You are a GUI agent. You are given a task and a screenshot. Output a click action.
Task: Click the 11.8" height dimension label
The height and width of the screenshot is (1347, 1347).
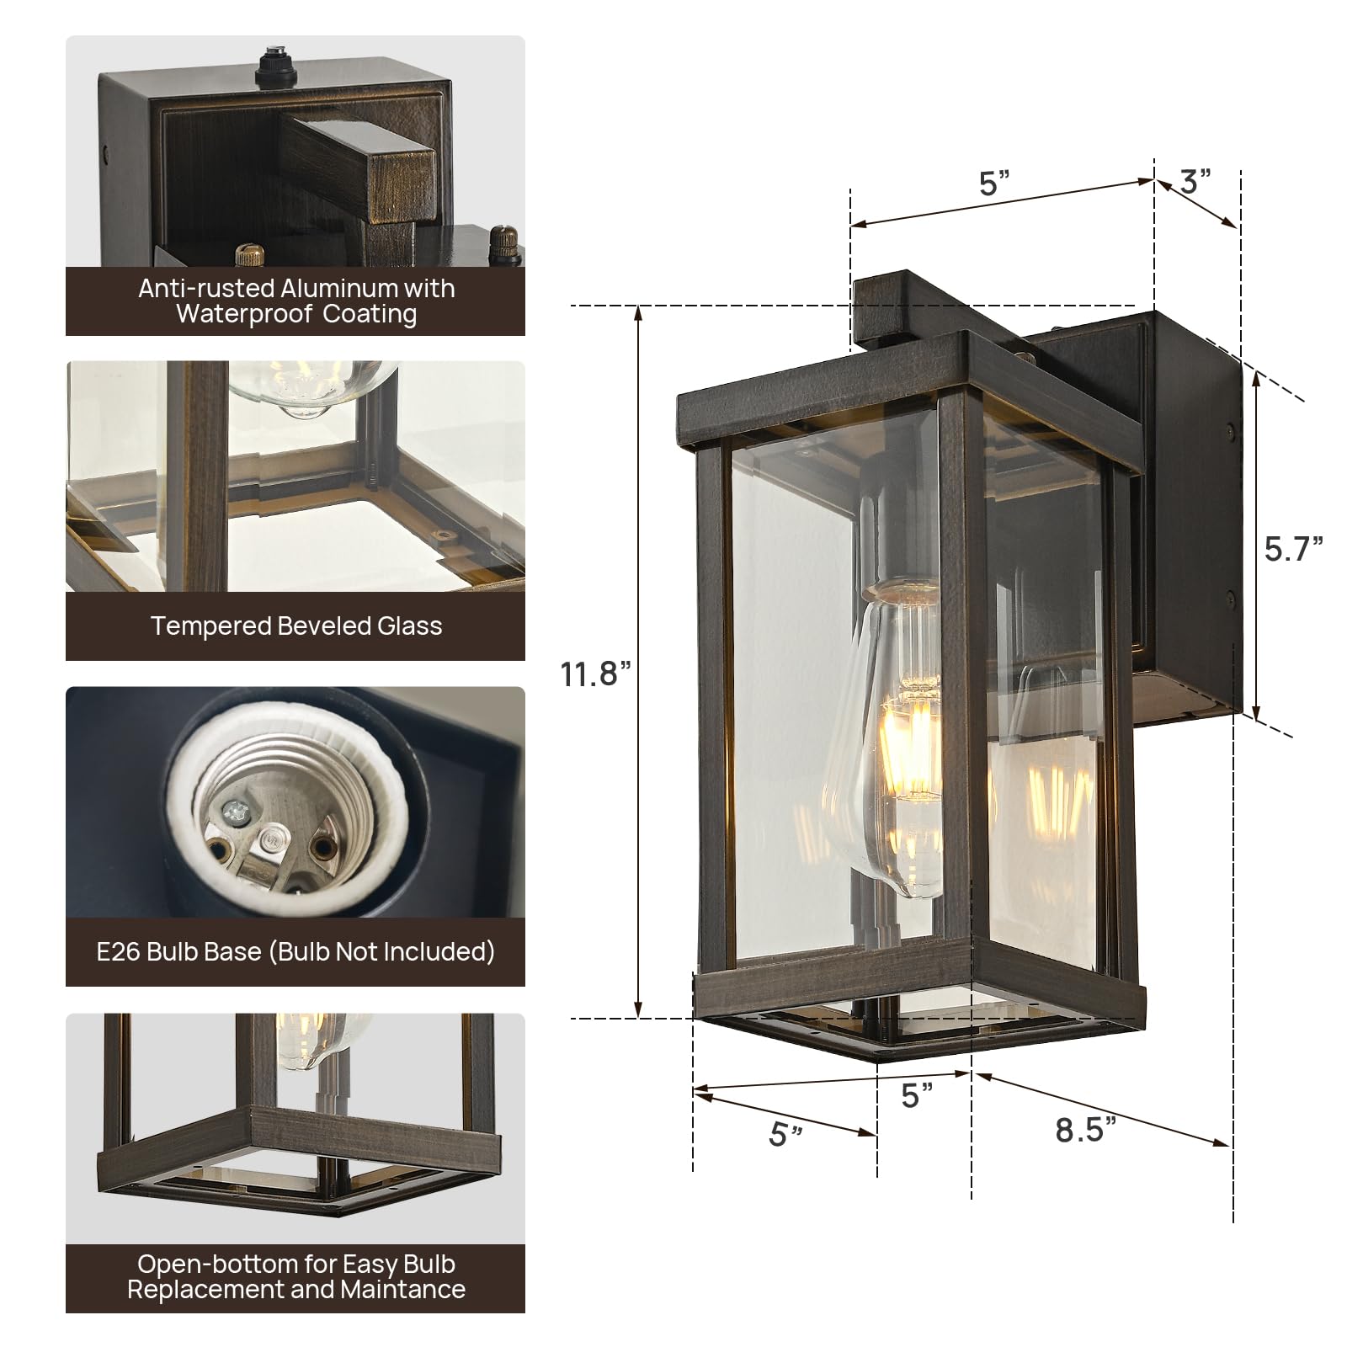pyautogui.click(x=595, y=674)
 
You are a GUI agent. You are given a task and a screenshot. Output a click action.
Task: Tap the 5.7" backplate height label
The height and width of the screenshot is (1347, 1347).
pyautogui.click(x=1293, y=549)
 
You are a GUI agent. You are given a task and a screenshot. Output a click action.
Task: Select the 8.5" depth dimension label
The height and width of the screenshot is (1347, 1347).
pyautogui.click(x=1086, y=1130)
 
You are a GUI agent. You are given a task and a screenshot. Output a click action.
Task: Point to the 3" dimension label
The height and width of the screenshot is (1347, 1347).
pyautogui.click(x=1195, y=181)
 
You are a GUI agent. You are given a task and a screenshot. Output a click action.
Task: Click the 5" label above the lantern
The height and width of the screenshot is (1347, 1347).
pyautogui.click(x=994, y=183)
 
